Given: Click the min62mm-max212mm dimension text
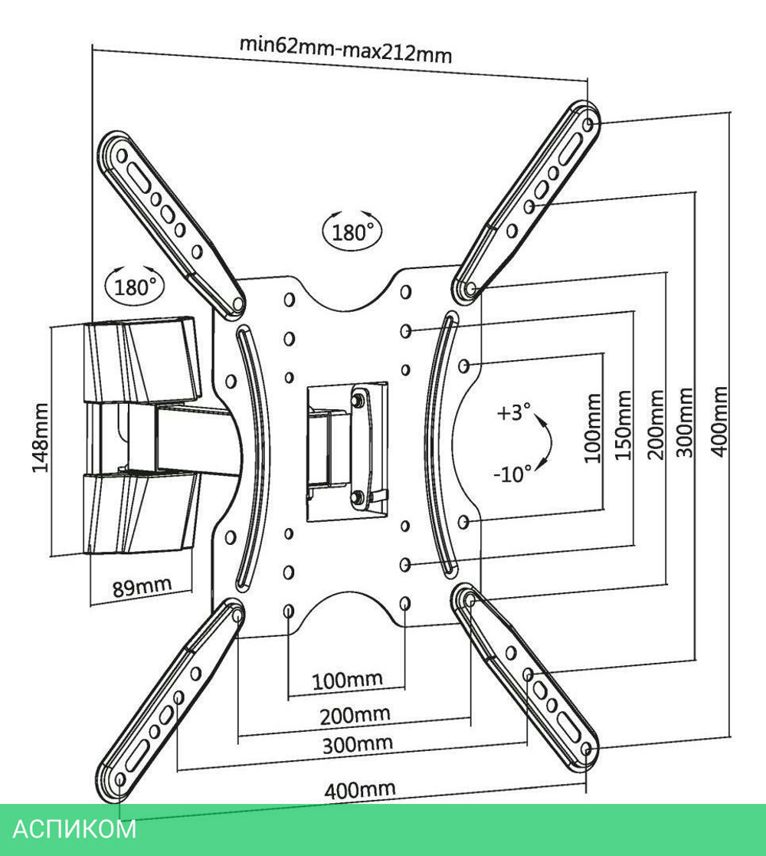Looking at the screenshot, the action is point(345,50).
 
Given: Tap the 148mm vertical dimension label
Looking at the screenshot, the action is point(40,438).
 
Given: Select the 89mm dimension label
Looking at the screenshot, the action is point(142,588).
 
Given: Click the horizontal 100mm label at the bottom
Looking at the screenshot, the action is point(347,679).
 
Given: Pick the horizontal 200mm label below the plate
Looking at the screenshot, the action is point(354,716).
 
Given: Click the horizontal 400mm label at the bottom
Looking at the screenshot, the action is point(360,789).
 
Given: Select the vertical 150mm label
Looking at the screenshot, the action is point(624,425).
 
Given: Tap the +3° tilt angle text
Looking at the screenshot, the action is point(513,413).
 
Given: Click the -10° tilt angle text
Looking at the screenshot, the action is point(512,474).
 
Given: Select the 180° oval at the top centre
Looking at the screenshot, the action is point(352,231).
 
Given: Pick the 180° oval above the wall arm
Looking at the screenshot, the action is point(135,287).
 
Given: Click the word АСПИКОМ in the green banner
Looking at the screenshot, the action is point(75,829).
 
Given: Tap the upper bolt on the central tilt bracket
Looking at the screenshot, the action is point(358,400).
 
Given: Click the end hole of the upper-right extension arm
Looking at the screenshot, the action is point(588,123).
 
